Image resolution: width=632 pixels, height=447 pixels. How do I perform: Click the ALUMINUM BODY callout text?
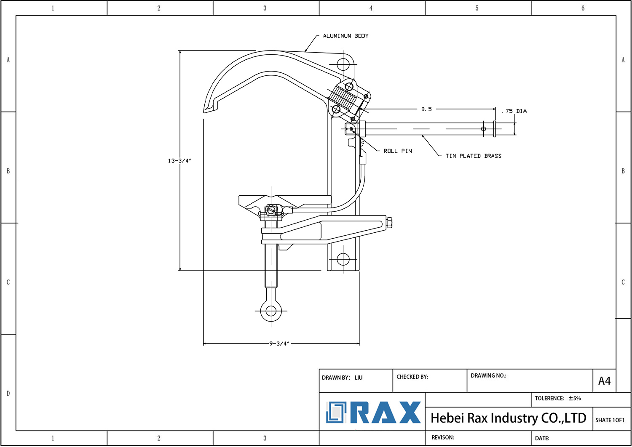[345, 36]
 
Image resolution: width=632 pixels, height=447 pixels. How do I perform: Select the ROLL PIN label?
[397, 151]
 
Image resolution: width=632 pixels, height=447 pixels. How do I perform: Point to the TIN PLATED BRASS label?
[473, 156]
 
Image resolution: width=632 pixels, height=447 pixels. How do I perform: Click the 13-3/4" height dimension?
[179, 161]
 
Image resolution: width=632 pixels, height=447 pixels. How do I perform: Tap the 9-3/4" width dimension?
[279, 344]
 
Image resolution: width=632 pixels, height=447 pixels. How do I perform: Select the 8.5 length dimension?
[426, 109]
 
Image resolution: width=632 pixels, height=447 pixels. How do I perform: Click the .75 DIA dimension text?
[514, 112]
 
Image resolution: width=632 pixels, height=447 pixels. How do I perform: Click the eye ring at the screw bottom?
[271, 311]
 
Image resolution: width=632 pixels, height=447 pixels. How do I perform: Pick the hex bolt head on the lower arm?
[389, 223]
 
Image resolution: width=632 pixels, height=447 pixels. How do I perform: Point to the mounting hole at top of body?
[343, 64]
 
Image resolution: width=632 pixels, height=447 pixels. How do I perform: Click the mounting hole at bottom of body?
[343, 259]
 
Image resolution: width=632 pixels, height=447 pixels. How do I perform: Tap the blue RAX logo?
[373, 412]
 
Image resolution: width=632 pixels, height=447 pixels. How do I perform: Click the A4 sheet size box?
[604, 381]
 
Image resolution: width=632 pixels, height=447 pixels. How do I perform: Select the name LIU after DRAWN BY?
[358, 378]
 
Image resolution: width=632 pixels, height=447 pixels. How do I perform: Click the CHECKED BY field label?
[412, 377]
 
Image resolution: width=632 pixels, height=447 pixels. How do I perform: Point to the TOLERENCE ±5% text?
[557, 399]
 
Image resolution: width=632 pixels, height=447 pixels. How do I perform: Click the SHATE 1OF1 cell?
[610, 420]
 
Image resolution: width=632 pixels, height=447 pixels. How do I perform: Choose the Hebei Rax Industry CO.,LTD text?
[508, 418]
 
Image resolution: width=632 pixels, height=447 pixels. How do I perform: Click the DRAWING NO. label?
[488, 376]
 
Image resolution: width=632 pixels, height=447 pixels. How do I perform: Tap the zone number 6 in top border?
[583, 8]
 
